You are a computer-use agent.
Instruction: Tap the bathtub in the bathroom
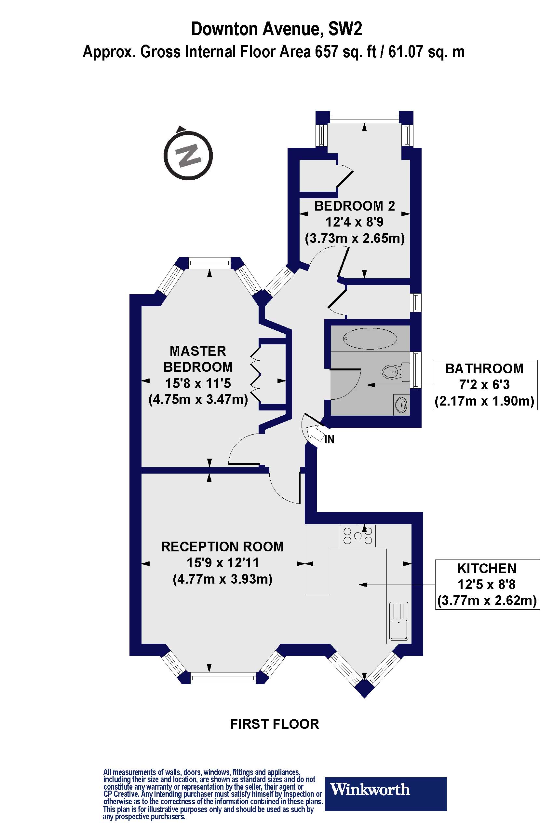(370, 339)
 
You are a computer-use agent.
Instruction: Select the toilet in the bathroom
(394, 372)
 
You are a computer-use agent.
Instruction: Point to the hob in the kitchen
(357, 536)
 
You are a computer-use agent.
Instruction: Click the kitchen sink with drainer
(399, 621)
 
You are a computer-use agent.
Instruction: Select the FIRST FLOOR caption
(274, 724)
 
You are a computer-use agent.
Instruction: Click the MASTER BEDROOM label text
(198, 359)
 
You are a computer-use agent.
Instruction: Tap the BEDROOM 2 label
(355, 206)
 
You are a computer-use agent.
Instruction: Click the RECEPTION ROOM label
(222, 546)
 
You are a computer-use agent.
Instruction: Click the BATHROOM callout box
(485, 385)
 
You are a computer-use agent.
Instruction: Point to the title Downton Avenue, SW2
(276, 29)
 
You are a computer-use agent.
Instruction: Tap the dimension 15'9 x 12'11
(223, 563)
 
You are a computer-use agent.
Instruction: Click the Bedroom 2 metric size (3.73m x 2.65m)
(355, 238)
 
